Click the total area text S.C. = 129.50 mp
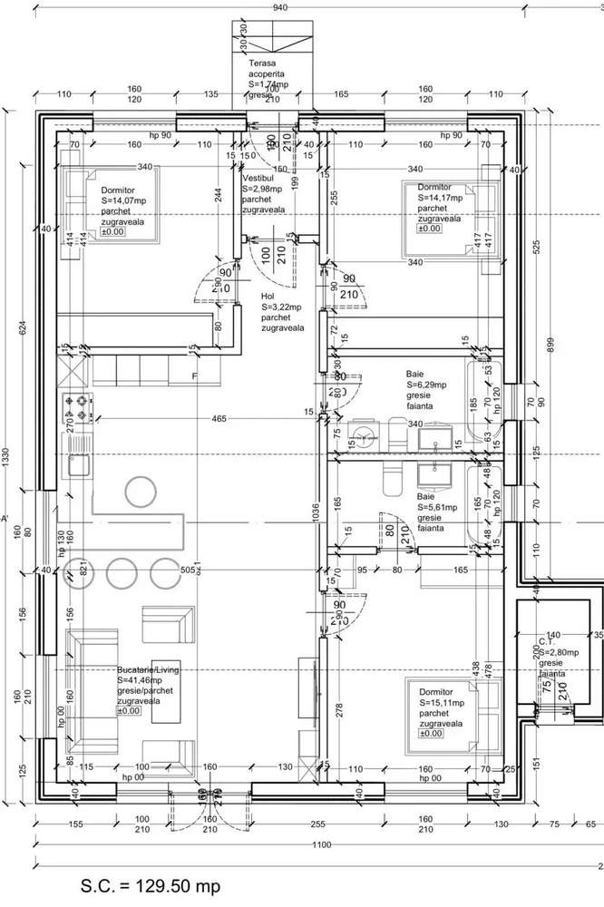(150, 885)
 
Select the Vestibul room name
(258, 179)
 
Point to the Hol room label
(268, 296)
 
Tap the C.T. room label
(546, 641)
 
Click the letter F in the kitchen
(194, 375)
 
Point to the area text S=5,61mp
(437, 509)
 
